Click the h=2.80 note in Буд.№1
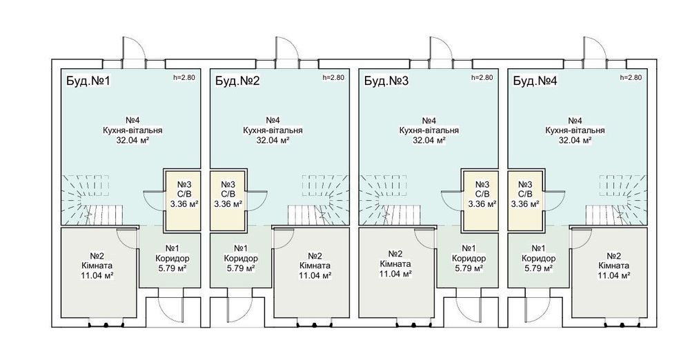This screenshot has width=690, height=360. coord(184,77)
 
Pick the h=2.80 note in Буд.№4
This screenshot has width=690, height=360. coord(631,77)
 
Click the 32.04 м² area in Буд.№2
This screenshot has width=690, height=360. coord(273,141)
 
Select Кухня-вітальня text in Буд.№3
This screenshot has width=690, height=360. coord(429,130)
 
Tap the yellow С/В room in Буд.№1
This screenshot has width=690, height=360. coord(182,200)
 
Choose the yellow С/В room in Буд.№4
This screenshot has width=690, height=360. coord(525,200)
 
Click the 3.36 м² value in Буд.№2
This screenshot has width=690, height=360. coord(228,203)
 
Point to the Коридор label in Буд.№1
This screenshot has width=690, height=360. coord(172,259)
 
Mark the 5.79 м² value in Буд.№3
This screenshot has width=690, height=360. coord(469,268)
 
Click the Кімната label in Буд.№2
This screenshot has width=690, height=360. coord(315,266)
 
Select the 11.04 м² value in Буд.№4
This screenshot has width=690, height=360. coord(614,275)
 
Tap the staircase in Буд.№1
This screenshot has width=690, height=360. coord(92,199)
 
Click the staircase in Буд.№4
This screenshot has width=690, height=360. coord(616,199)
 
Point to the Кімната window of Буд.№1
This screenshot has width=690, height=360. coord(106,325)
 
